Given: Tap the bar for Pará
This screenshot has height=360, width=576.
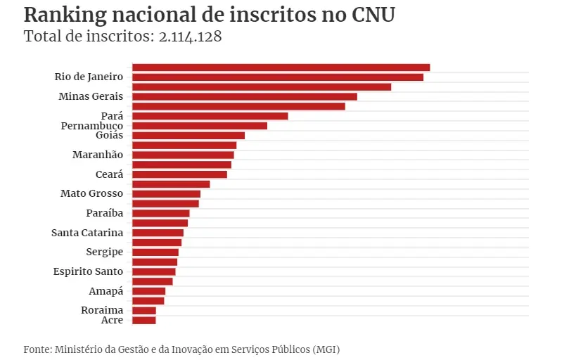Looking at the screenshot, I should (210, 116).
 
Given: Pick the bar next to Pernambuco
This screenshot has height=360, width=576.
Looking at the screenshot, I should (200, 126).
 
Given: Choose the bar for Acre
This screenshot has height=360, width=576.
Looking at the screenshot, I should (144, 320).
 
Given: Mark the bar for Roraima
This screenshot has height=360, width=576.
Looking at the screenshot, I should (144, 310).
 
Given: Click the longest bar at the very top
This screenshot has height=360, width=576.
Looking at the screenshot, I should (281, 67).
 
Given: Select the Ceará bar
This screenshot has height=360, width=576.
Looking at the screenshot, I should (179, 174).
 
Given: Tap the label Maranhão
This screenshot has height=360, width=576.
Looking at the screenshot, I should (98, 155).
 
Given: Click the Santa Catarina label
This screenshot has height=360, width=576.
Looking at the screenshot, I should (87, 233).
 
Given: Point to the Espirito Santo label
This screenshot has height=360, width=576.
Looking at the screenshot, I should (88, 271).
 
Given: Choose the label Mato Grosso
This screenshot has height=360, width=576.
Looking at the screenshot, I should (91, 193).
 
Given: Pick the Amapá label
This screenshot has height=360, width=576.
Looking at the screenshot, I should (106, 291).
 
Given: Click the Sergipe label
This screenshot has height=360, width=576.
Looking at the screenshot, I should (104, 252).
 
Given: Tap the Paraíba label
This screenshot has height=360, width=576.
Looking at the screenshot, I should (104, 213).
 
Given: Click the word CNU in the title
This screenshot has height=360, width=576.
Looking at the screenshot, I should (373, 15).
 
